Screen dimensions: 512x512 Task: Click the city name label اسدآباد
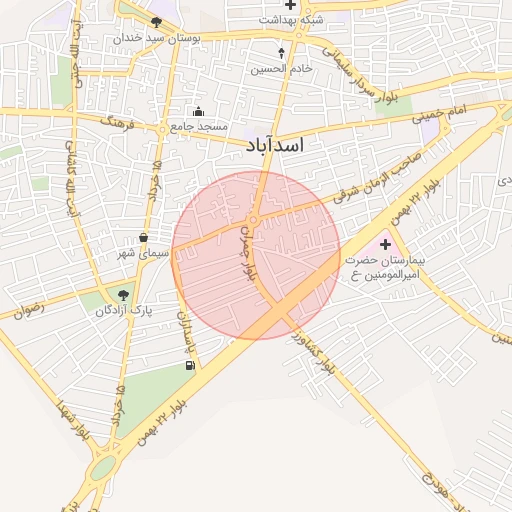(x=274, y=146)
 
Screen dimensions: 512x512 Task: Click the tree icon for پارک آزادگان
(x=123, y=295)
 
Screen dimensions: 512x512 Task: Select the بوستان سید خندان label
(x=155, y=37)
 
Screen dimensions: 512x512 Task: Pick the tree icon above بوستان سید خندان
(x=156, y=22)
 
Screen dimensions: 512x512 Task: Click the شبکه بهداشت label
(x=289, y=19)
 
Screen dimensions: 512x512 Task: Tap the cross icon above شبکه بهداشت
(x=290, y=5)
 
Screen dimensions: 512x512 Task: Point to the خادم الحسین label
(x=281, y=68)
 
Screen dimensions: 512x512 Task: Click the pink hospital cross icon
(x=386, y=244)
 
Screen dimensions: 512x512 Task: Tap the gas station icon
(x=190, y=365)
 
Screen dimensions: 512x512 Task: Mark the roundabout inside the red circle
(x=254, y=219)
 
